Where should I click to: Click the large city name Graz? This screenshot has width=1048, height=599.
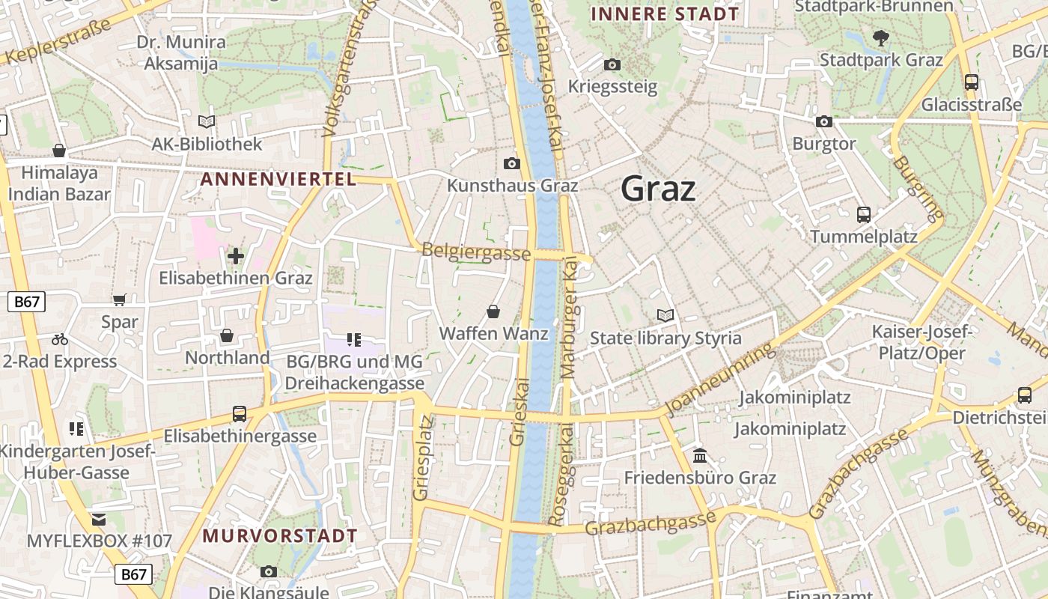coord(658,189)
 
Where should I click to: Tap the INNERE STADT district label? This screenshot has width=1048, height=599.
coord(664,13)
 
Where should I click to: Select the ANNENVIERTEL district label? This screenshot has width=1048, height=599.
coord(278,179)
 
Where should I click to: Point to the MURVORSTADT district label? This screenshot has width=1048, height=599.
coord(280,536)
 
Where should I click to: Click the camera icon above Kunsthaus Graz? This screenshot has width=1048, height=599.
coord(512,163)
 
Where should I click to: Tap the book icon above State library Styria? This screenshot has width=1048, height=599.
coord(665,316)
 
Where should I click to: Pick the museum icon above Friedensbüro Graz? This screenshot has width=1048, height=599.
coord(700,455)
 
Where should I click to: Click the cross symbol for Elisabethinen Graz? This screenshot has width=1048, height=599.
coord(236,257)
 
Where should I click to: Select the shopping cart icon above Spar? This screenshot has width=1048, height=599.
coord(119,300)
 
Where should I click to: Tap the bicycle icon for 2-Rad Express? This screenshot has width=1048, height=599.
coord(60,339)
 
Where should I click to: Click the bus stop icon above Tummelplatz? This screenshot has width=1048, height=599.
coord(864,215)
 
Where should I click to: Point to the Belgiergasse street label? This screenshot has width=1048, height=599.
coord(476,252)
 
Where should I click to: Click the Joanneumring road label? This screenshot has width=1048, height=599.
coord(718,380)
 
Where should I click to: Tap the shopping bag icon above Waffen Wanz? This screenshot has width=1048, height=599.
coord(493,311)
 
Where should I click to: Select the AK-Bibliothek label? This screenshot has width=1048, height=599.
coord(207,144)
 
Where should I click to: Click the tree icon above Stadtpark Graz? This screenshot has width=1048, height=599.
coord(881,37)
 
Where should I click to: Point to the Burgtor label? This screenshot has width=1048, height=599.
coord(823,144)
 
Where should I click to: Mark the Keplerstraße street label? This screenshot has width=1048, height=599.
coord(56,43)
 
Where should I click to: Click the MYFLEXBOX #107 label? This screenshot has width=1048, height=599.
coord(100,541)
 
